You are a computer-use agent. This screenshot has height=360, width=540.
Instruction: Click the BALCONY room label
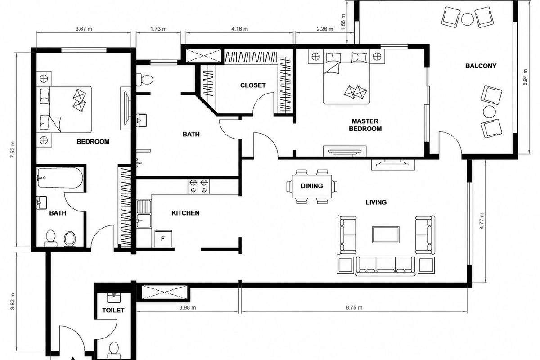coord(481,66)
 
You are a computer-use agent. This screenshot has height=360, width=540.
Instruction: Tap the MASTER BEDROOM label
coord(365,125)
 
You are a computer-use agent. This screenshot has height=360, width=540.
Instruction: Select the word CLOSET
coord(253,85)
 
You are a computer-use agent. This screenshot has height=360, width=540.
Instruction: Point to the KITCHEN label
coord(185,213)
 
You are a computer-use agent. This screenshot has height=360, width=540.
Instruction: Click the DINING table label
coord(312,186)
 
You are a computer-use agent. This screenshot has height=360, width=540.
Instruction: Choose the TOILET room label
coord(113,310)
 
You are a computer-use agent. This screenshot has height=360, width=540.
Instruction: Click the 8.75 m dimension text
coord(354,307)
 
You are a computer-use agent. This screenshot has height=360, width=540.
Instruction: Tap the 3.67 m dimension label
coord(84,29)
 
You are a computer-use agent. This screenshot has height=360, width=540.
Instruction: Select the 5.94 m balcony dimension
coord(525,77)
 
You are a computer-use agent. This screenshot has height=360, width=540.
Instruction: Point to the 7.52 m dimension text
coord(13,149)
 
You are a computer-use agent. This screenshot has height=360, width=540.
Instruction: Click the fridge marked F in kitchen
coord(163,238)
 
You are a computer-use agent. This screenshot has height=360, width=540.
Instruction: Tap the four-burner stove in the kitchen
coord(198,186)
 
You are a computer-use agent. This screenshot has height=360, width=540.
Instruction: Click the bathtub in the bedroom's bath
coord(60,178)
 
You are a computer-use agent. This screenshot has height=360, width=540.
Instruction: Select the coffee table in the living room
coord(386,234)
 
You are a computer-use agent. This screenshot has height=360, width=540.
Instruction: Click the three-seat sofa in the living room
coord(386,266)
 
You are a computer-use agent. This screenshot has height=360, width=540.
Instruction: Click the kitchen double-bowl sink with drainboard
coord(144,214)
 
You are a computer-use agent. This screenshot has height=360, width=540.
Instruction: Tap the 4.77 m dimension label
coord(481,221)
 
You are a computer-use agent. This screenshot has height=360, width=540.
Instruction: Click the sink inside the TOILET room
coord(113,297)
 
